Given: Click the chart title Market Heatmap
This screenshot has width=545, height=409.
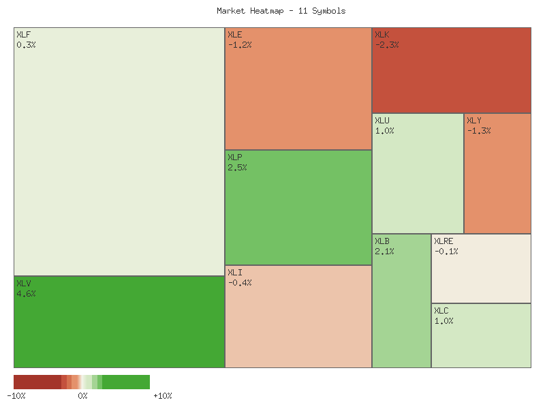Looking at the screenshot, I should click(281, 11).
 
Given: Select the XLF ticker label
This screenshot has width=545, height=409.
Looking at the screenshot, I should click(23, 34).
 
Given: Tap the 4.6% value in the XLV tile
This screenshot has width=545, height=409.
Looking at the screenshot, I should click(26, 294).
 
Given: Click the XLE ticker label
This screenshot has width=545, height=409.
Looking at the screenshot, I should click(234, 34).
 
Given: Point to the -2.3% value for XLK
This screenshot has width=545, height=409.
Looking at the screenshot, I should click(387, 45).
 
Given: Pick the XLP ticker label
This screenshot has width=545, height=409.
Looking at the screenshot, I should click(234, 157).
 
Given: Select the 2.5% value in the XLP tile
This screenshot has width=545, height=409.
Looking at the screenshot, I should click(237, 168).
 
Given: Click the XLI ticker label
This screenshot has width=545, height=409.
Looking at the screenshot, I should click(234, 272).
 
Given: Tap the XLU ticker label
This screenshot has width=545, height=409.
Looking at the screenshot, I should click(381, 120).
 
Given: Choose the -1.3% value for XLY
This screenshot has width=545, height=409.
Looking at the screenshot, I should click(479, 131).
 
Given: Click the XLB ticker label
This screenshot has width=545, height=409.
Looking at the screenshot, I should click(381, 241).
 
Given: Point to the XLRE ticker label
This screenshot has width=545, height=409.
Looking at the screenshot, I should click(443, 241).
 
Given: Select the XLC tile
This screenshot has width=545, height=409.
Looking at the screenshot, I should click(481, 335).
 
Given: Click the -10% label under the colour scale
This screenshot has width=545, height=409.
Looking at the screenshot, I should click(16, 396).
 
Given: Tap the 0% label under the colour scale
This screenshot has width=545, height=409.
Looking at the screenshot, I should click(82, 396).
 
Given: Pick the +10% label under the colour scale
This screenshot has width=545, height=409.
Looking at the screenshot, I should click(162, 396).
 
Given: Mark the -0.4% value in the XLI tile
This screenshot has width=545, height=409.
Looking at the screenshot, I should click(239, 283).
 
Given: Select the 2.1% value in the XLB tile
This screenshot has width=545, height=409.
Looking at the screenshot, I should click(384, 252).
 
